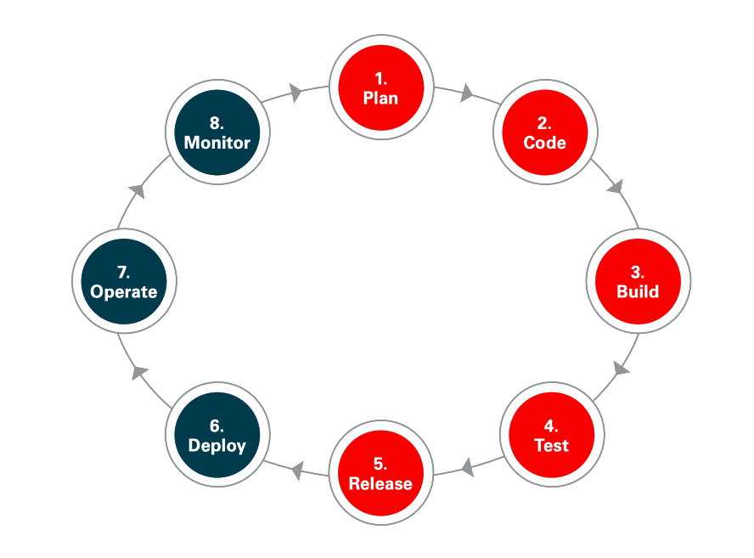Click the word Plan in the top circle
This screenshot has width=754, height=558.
click(380, 98)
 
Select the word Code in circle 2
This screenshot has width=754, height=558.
click(544, 142)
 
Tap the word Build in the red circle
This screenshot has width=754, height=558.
click(638, 291)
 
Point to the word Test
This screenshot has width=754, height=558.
click(551, 445)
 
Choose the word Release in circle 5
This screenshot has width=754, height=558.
click(380, 483)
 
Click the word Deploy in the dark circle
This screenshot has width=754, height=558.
click(217, 445)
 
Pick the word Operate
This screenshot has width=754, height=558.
click(124, 291)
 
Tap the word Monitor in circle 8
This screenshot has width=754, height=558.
click(217, 142)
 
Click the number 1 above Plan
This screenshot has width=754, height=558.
click(380, 79)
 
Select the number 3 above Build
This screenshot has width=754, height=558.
click(637, 273)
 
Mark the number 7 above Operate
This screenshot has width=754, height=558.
click(123, 273)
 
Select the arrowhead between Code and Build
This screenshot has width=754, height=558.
click(616, 187)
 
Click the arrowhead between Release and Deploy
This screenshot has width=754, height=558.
click(297, 469)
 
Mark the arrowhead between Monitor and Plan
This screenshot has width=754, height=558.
click(295, 92)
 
